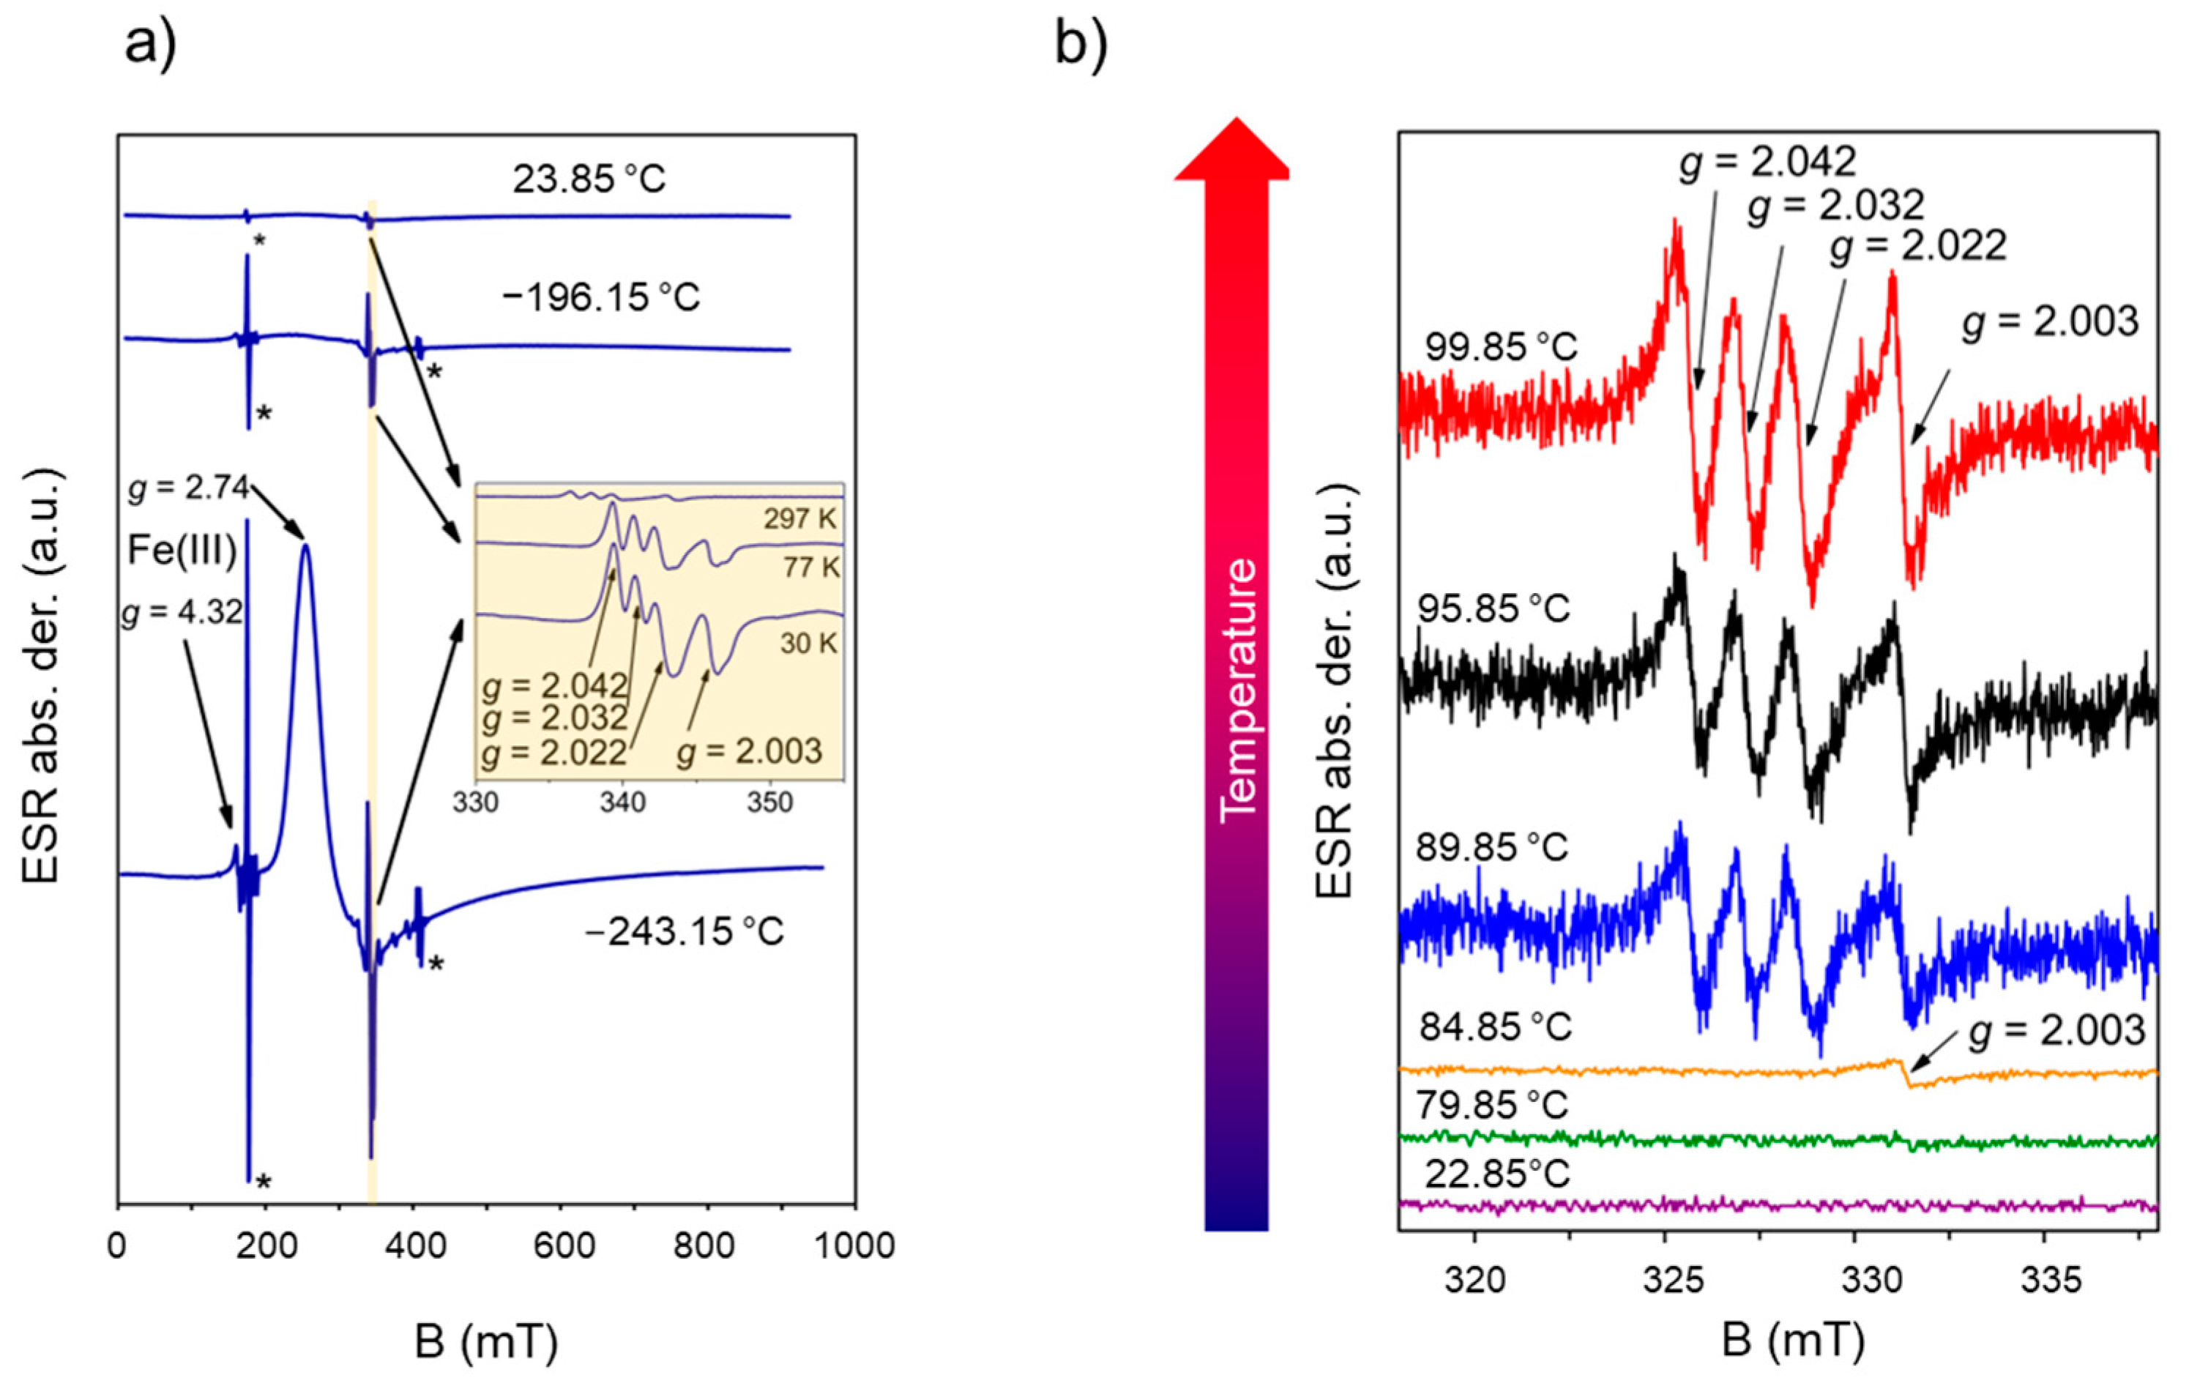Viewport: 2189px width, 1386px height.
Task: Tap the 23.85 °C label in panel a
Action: [589, 179]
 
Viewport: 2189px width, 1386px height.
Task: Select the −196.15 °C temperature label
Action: [601, 297]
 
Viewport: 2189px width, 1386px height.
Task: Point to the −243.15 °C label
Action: [684, 931]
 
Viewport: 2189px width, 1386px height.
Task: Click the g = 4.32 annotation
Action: [182, 614]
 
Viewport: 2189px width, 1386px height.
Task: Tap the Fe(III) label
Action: [182, 551]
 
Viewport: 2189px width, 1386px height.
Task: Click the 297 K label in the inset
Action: [799, 519]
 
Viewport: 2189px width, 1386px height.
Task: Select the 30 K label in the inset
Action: [808, 644]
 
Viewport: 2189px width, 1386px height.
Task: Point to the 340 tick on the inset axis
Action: [623, 803]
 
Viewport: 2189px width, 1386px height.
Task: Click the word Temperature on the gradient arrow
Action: [1238, 690]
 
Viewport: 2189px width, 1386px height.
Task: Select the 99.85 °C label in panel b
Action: [1501, 347]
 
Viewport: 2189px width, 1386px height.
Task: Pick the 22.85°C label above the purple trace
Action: [1497, 1175]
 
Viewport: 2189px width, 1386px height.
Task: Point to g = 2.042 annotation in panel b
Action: [1767, 163]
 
